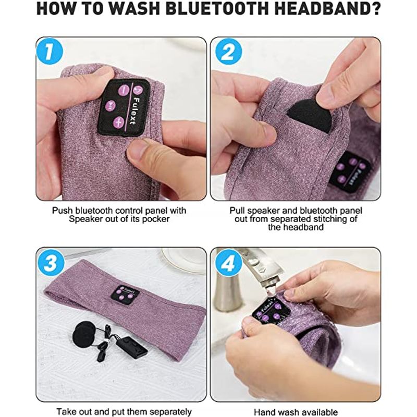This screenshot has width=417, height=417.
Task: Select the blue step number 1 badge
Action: [50, 51]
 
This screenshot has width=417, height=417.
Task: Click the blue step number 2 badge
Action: [228, 51]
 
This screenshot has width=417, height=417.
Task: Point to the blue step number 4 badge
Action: [228, 263]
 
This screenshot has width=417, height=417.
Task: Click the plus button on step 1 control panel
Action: [119, 122]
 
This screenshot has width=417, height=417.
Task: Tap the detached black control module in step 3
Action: [131, 347]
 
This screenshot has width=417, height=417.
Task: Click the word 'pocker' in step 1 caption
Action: [155, 219]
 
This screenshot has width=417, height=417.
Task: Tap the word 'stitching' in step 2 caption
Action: [329, 219]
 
